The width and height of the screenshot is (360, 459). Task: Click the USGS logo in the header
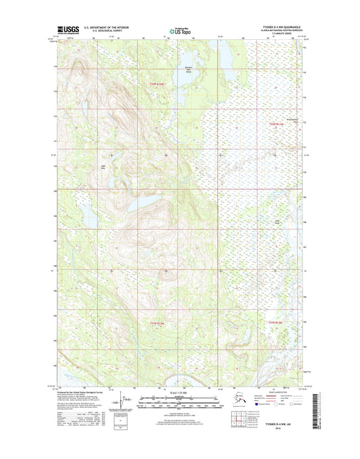pos(68,30)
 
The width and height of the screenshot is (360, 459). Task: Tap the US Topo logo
pos(180,30)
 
